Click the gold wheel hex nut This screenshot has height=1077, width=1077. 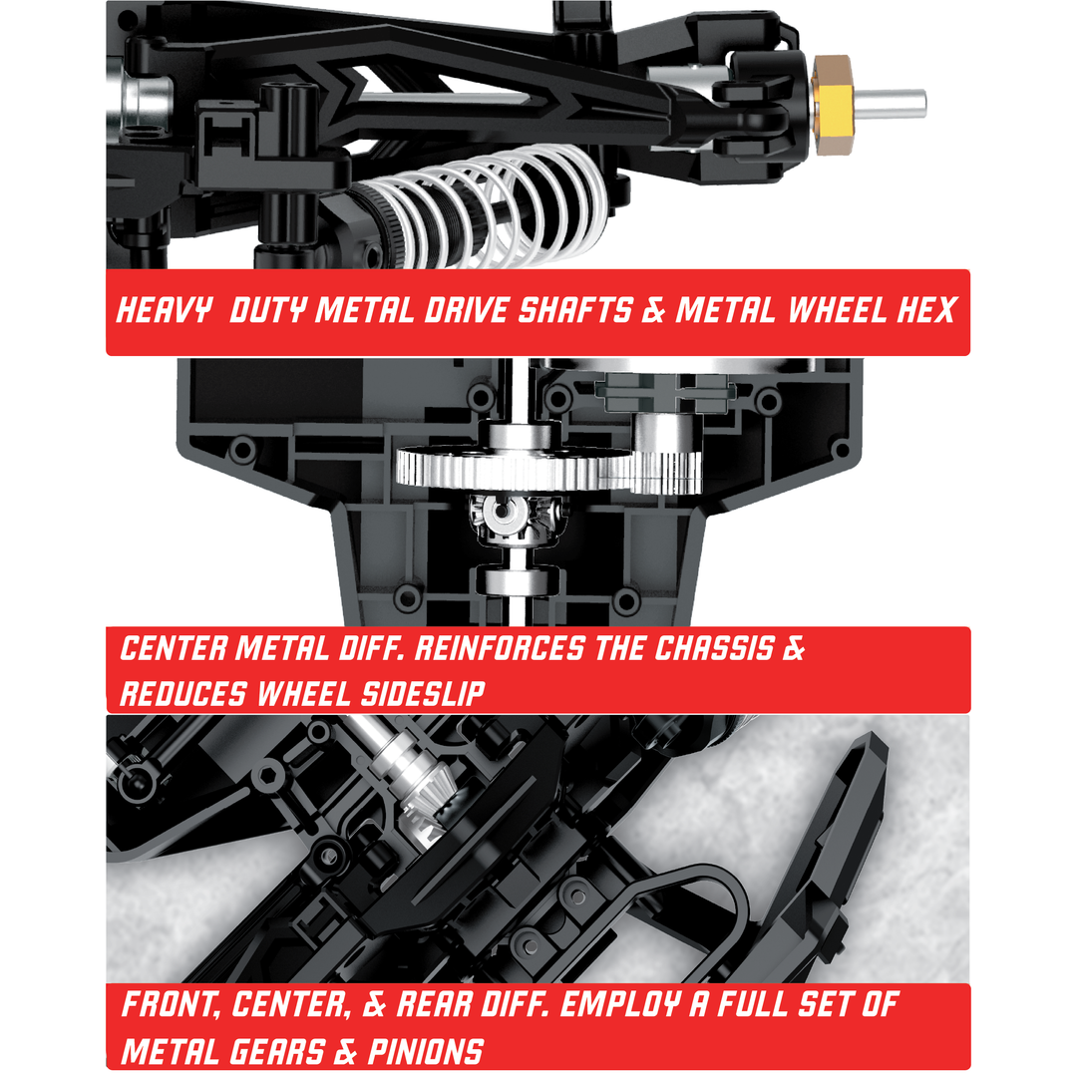click(833, 105)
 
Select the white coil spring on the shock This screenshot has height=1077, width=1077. click(489, 205)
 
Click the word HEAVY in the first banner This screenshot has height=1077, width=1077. click(164, 310)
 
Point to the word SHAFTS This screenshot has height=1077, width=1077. click(575, 310)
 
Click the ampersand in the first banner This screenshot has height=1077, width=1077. click(654, 310)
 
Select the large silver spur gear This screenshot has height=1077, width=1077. click(513, 467)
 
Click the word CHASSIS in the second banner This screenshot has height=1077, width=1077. click(714, 648)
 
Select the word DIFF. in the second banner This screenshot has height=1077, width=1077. click(371, 648)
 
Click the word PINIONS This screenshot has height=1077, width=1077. click(426, 1051)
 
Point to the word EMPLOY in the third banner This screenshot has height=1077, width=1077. click(621, 1005)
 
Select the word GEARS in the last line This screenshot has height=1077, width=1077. click(277, 1051)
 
